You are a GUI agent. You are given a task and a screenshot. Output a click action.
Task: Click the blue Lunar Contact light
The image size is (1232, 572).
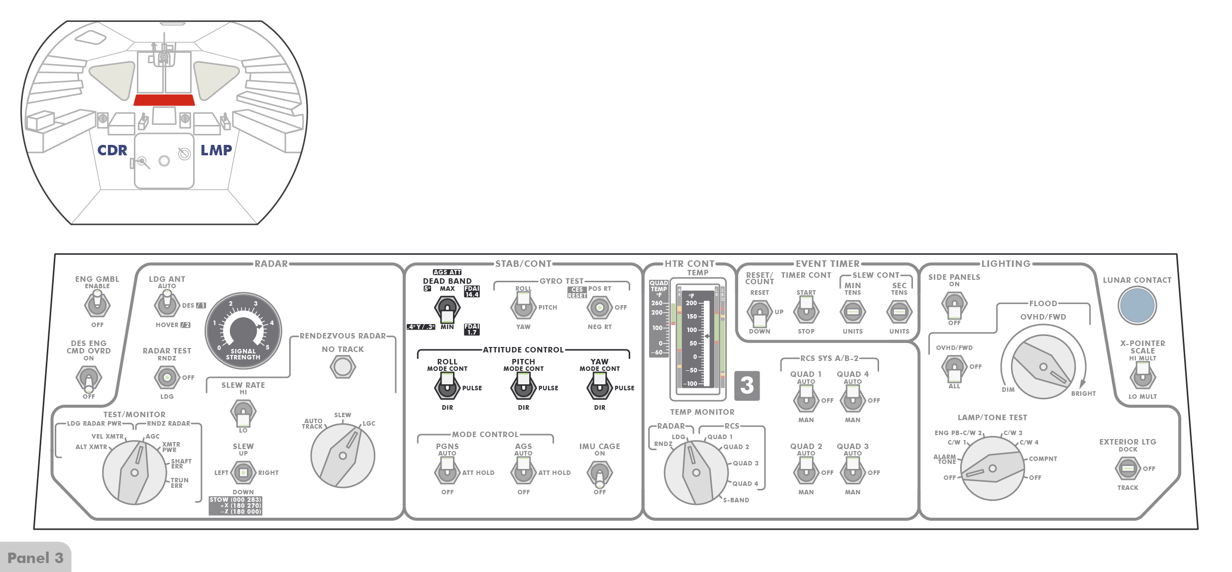[1137, 305]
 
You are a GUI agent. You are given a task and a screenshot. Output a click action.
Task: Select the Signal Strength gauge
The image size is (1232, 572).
[243, 330]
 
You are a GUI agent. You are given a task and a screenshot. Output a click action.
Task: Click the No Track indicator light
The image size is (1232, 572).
[342, 367]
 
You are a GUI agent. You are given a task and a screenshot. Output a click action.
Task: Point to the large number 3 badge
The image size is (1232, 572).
[747, 385]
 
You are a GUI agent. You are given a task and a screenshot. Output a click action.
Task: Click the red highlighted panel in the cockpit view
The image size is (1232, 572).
[164, 100]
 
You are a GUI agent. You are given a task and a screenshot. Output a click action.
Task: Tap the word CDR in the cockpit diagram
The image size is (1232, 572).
[112, 150]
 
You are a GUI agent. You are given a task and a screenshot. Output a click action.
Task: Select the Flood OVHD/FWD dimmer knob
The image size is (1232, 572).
[1043, 367]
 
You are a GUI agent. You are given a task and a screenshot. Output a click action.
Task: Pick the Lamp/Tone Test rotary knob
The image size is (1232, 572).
[992, 468]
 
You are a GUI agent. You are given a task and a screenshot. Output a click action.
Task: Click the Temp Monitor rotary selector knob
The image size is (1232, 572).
[696, 472]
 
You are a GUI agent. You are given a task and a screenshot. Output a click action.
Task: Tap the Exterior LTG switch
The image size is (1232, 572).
[1127, 468]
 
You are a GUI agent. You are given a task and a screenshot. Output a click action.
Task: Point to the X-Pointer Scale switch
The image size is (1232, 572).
[1142, 376]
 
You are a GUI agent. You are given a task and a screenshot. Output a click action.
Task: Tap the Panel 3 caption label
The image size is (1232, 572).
[35, 558]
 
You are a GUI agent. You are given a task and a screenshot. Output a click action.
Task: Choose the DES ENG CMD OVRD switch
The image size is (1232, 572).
[89, 378]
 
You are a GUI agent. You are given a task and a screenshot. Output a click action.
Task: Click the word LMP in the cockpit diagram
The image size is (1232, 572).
[216, 150]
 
